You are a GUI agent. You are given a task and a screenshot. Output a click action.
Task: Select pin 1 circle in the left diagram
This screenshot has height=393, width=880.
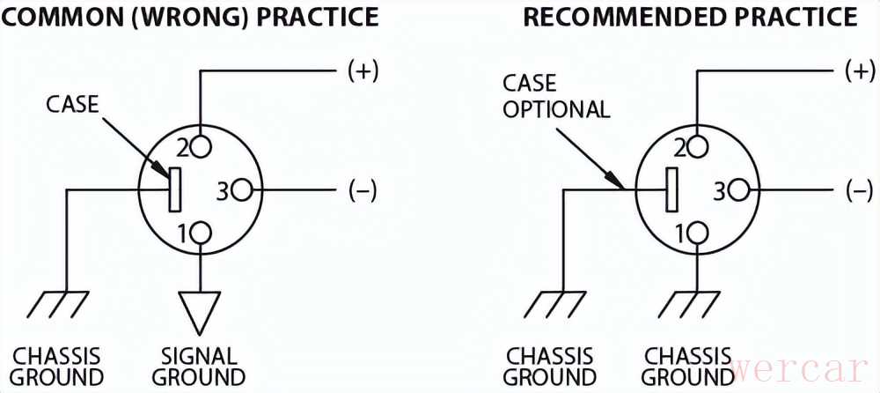point(202,233)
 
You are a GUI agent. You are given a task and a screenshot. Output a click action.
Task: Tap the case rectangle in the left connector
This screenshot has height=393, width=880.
point(174,189)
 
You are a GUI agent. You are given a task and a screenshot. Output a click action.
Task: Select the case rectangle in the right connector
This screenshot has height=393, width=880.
point(672,189)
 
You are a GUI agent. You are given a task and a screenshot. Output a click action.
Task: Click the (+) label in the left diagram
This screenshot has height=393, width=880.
point(363,71)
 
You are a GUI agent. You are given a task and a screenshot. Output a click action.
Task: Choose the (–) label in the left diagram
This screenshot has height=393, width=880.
point(363,190)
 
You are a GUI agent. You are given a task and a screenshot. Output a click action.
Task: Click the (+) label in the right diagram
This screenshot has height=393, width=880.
point(859,71)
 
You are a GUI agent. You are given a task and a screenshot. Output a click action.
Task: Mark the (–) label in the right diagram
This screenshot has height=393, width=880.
point(859,190)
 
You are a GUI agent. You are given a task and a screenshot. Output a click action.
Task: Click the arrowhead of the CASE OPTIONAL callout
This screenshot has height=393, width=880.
point(620,183)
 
